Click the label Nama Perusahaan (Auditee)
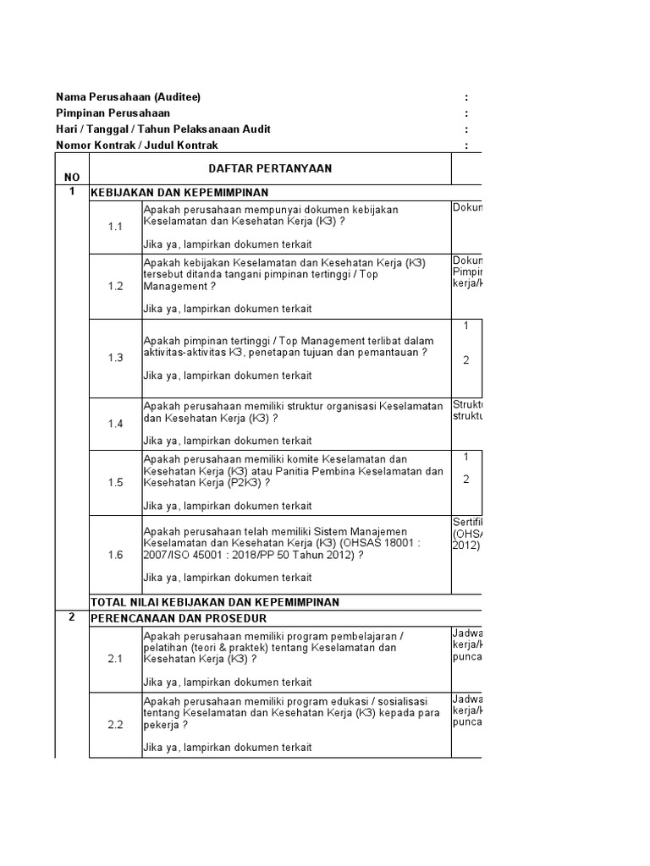click(x=128, y=97)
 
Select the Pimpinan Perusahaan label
click(x=113, y=113)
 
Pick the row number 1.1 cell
click(x=115, y=227)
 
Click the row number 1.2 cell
click(x=115, y=286)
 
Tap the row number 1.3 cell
click(x=115, y=358)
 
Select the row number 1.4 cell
click(x=115, y=423)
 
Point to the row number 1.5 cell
click(x=115, y=482)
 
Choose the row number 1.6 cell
click(x=115, y=555)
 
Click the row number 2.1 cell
click(x=115, y=658)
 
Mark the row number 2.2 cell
click(x=115, y=725)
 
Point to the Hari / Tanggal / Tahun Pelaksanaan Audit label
click(x=163, y=129)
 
